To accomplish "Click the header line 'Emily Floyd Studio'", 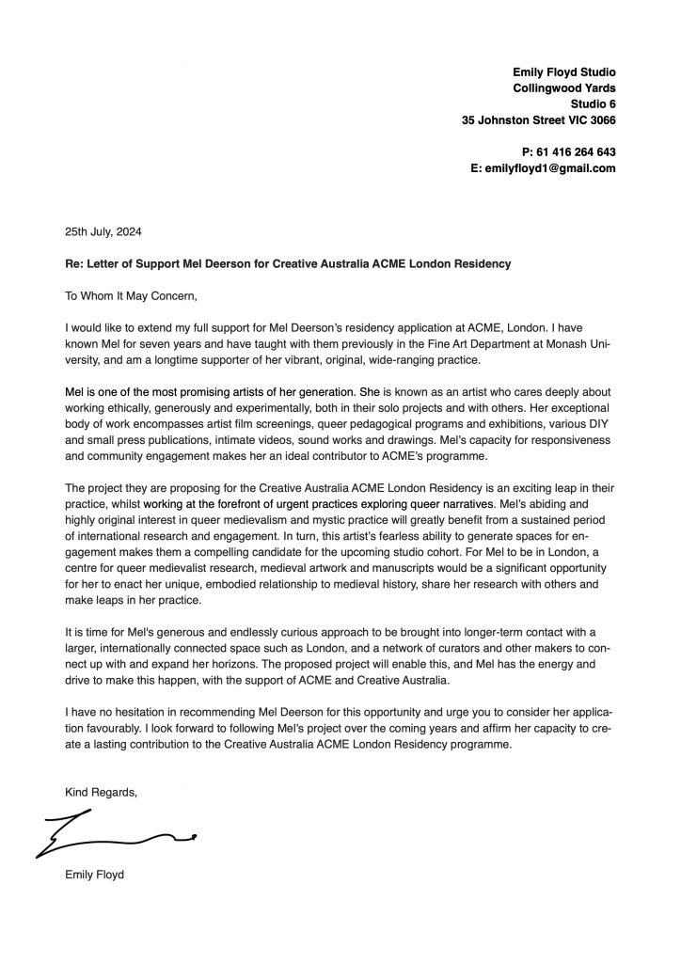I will pyautogui.click(x=563, y=71).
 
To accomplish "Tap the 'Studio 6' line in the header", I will pyautogui.click(x=593, y=103).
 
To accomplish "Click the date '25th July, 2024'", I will pyautogui.click(x=103, y=230).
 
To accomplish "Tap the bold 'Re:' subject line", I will pyautogui.click(x=288, y=264).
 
